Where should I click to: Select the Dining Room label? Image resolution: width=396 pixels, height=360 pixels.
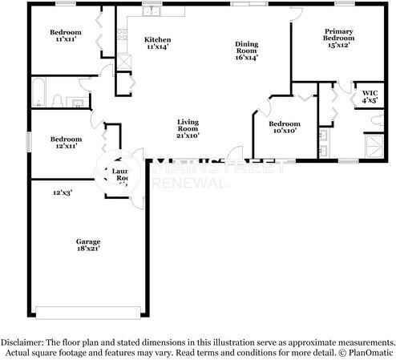[x=247, y=51]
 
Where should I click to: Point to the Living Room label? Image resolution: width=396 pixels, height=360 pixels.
[x=188, y=129]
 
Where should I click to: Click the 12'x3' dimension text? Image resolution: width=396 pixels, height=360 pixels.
[x=63, y=192]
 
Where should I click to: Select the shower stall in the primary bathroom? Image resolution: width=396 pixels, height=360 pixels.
[x=374, y=146]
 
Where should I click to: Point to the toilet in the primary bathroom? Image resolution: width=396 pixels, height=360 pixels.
[x=376, y=119]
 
